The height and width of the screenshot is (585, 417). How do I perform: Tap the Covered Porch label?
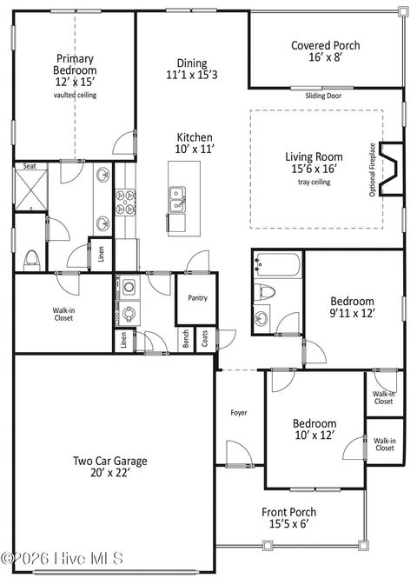(325, 46)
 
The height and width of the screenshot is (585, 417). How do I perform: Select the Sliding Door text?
(322, 96)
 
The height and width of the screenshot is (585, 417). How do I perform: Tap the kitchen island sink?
(177, 198)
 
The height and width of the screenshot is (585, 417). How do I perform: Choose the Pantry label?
(197, 298)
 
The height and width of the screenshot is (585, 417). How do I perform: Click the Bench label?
(185, 339)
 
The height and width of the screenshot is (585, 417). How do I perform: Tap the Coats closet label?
(204, 339)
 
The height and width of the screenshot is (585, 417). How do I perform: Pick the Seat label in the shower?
(30, 166)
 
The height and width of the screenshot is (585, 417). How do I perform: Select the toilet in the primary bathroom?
(31, 258)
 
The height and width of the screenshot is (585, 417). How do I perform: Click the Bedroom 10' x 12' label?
(314, 429)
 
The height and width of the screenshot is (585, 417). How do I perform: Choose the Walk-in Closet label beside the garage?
(64, 313)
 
